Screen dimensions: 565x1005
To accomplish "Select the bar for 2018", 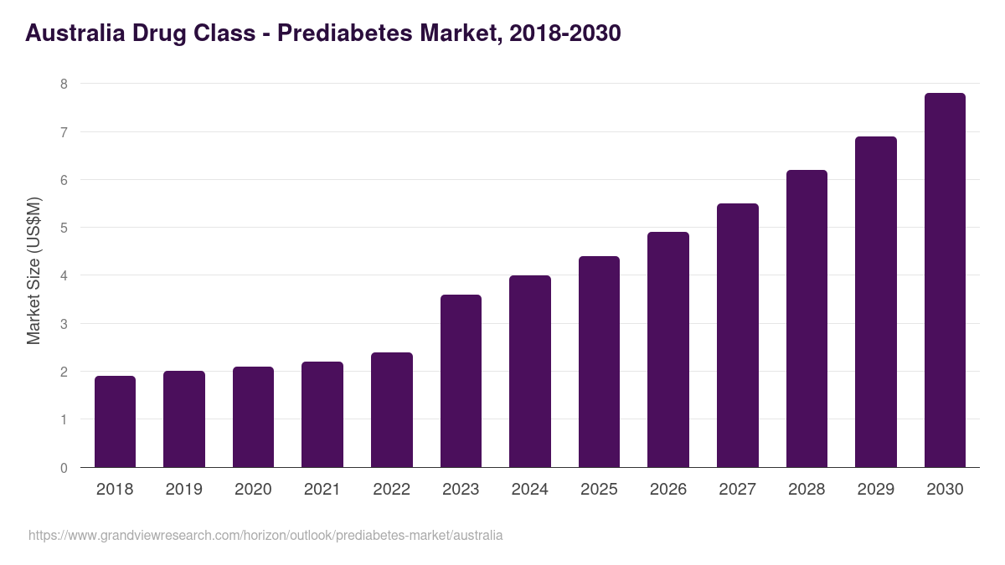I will point(115,422).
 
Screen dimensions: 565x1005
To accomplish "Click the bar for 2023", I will point(461,381).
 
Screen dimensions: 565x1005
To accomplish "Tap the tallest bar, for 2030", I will point(945,280).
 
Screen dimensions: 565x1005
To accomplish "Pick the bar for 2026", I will point(668,350).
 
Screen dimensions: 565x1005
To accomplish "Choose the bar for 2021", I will point(322,414).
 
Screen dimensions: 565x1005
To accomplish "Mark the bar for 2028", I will point(807,319).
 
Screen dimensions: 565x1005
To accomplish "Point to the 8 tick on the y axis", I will point(64,84).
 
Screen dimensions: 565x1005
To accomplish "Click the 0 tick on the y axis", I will point(64,468).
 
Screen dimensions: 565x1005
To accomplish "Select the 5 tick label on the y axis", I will point(64,228).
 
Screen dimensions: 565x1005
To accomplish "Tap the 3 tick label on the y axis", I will point(64,324).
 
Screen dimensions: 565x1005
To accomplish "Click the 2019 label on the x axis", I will point(183,490).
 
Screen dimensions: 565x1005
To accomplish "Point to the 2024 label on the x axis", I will point(529,490).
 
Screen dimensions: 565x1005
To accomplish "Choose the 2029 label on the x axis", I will point(875,490).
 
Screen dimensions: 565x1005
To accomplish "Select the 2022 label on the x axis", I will point(391,490).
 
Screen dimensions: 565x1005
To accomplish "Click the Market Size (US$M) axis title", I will point(33,270).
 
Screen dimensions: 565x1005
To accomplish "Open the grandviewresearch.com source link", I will point(265,535).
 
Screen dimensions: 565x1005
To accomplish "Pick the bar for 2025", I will point(599,362).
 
